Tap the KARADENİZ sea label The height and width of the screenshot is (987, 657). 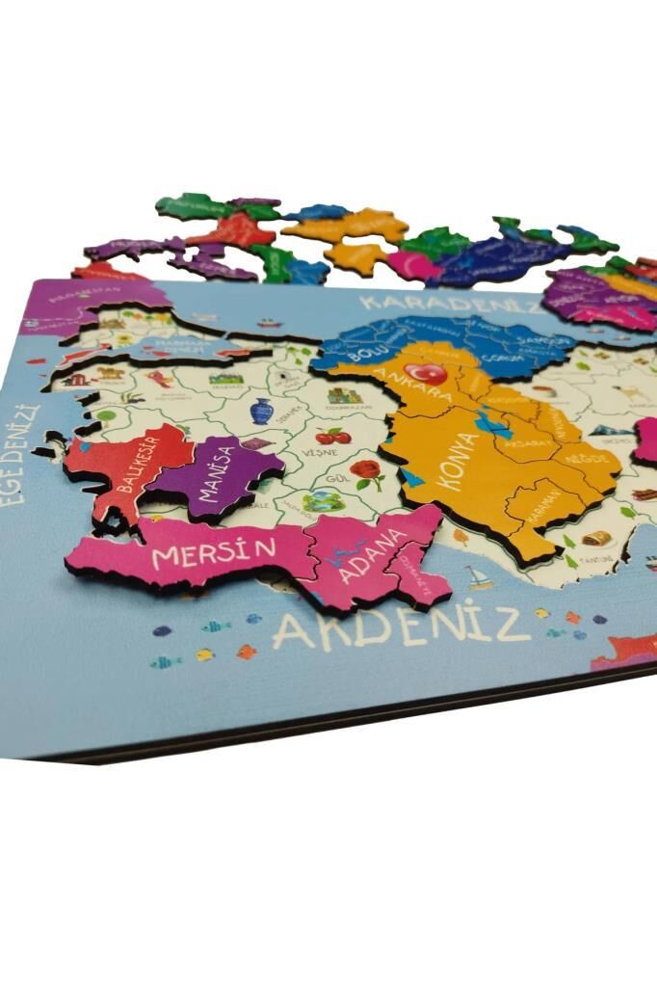(454, 306)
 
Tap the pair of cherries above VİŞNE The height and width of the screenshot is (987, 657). (332, 436)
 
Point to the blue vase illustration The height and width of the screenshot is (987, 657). (261, 412)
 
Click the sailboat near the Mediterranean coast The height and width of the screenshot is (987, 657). (479, 577)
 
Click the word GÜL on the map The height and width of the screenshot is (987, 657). (335, 478)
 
